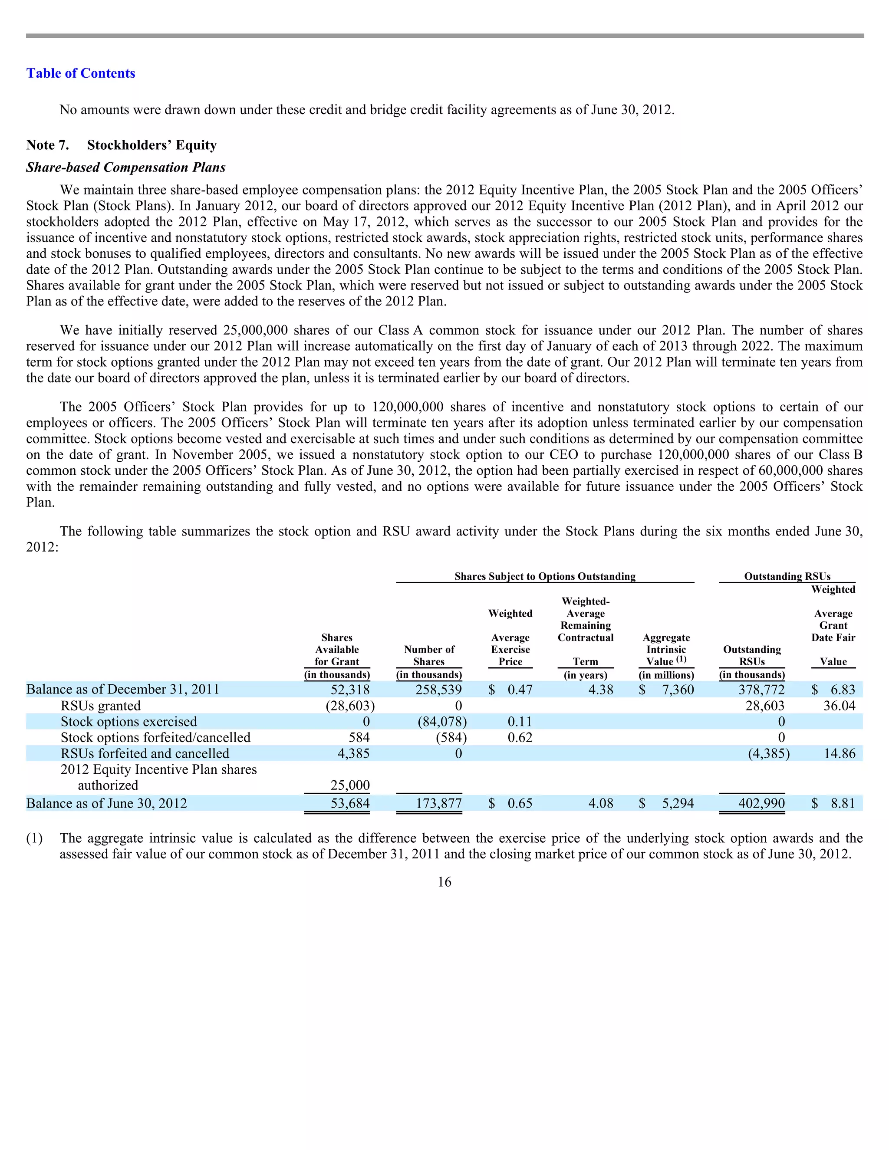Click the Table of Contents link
pyautogui.click(x=81, y=73)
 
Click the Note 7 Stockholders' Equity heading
pyautogui.click(x=121, y=145)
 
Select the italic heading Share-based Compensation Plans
pyautogui.click(x=126, y=168)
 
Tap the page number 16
pyautogui.click(x=444, y=882)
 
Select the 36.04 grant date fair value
pyautogui.click(x=839, y=706)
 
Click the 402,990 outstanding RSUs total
pyautogui.click(x=761, y=804)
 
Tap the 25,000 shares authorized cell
pyautogui.click(x=350, y=785)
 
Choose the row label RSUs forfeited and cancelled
pyautogui.click(x=145, y=753)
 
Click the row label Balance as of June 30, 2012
pyautogui.click(x=106, y=804)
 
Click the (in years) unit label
pyautogui.click(x=585, y=675)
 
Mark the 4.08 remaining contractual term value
pyautogui.click(x=600, y=804)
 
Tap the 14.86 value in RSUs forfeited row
pyautogui.click(x=839, y=753)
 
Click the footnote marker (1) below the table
pyautogui.click(x=34, y=838)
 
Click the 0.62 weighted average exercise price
pyautogui.click(x=519, y=738)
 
